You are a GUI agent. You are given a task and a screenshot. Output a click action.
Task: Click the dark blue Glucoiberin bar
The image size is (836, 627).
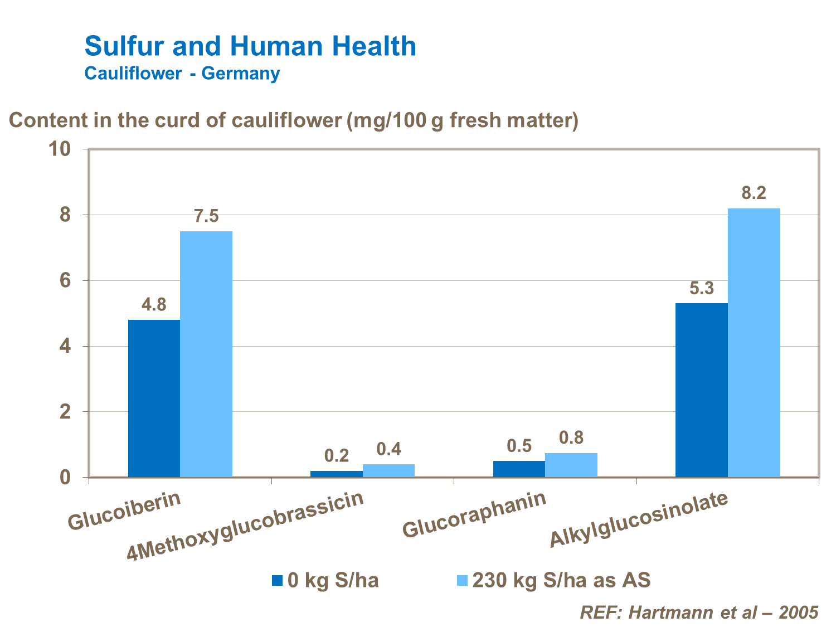tap(154, 398)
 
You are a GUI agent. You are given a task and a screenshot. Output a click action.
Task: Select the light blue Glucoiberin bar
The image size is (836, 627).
tap(206, 354)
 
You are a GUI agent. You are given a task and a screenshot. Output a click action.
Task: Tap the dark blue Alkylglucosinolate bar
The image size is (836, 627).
tap(701, 390)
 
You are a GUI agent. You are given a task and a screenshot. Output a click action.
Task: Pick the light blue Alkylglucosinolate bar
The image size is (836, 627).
tap(754, 342)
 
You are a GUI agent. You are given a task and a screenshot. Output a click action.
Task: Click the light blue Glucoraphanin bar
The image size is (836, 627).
tap(571, 465)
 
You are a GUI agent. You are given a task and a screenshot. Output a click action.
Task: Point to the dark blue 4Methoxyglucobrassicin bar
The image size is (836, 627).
tap(337, 474)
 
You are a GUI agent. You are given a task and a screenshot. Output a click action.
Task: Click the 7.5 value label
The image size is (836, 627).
tap(206, 216)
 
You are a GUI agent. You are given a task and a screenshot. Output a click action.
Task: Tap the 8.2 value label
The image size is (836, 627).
tap(754, 193)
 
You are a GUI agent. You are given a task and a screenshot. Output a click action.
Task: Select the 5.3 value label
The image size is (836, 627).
tap(701, 288)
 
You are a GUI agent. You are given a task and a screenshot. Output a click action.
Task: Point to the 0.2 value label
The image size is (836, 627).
tap(337, 456)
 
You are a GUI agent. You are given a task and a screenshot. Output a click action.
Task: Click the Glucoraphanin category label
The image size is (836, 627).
tap(474, 514)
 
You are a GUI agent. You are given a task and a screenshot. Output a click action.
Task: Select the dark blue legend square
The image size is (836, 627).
tap(278, 580)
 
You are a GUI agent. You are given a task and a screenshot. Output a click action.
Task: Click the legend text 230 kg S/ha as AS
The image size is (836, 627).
tap(561, 581)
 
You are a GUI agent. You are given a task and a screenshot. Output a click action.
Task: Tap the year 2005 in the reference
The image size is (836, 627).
tap(799, 612)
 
